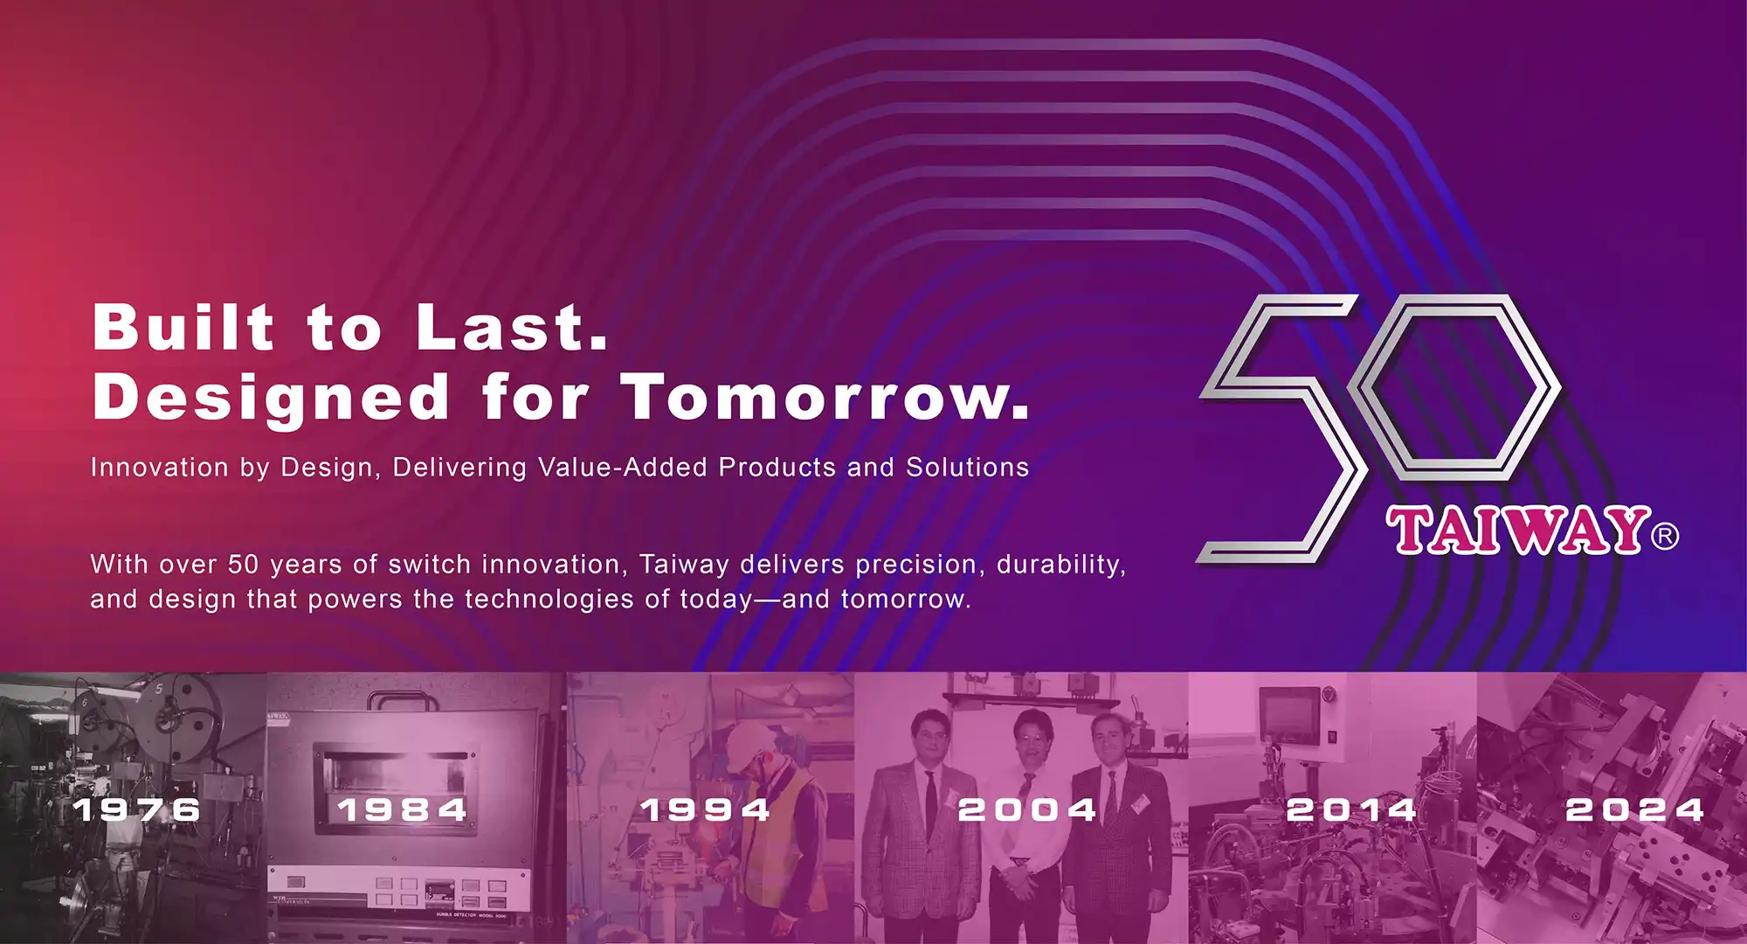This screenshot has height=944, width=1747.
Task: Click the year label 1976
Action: (137, 809)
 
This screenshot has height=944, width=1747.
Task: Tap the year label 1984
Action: (403, 809)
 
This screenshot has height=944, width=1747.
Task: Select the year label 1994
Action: (706, 809)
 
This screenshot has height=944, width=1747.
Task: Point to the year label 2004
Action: (1027, 809)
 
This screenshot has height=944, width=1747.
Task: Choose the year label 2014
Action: (1351, 809)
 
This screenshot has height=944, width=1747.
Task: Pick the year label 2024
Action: (1635, 809)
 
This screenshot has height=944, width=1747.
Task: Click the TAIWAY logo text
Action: (1518, 530)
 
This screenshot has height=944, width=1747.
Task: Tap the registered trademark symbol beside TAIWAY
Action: (1665, 535)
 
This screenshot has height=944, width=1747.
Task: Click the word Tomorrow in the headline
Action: (825, 398)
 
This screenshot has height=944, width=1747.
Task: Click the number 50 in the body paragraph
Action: (244, 565)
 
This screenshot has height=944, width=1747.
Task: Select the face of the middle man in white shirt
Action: (1033, 734)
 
